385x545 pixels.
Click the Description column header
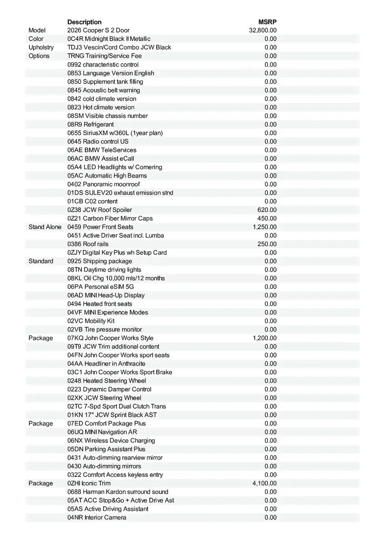(x=84, y=22)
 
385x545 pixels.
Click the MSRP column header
(x=267, y=22)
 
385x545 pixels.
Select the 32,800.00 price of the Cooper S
(x=263, y=30)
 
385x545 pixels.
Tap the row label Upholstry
(x=41, y=47)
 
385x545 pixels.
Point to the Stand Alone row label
(x=45, y=227)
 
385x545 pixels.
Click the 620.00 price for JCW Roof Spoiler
(x=267, y=210)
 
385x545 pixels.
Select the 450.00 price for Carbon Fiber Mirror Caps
(x=267, y=218)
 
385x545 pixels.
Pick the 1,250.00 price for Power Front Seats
(x=264, y=227)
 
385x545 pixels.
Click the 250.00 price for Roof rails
(x=267, y=244)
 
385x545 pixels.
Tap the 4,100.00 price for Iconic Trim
(x=264, y=483)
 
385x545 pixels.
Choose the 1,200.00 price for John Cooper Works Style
(x=264, y=338)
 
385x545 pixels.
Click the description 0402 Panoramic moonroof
(x=104, y=184)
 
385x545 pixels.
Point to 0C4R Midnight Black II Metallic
(x=109, y=39)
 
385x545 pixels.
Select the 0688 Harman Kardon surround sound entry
(x=118, y=492)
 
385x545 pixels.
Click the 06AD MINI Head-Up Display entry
(x=106, y=295)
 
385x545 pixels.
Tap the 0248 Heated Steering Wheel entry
(x=107, y=381)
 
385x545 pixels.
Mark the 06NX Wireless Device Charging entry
(x=111, y=441)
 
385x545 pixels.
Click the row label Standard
(x=41, y=261)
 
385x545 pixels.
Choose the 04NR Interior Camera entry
(x=97, y=517)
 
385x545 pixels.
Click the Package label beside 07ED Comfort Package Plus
(x=41, y=423)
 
